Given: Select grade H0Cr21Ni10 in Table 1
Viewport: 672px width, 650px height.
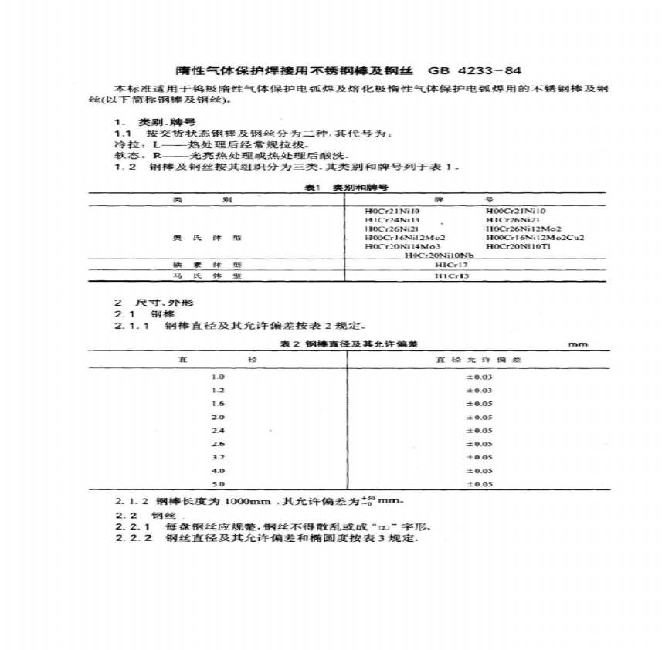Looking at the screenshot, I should (391, 210).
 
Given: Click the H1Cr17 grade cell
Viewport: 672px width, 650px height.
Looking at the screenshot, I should (448, 265).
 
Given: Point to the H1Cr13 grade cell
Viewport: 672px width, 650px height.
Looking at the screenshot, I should (448, 276).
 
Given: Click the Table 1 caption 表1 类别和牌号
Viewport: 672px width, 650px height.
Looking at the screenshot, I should (345, 187).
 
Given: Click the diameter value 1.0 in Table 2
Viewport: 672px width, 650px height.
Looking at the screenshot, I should (217, 377).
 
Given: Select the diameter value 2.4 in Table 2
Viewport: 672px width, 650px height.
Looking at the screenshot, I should (217, 430).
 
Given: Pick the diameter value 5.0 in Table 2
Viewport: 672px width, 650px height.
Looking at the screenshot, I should (217, 484).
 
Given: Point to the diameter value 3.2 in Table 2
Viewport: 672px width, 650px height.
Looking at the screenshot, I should (217, 457).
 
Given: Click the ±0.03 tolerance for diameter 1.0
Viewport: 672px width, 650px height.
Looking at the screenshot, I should (477, 377).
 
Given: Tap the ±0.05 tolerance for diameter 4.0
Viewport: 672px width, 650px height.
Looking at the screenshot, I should (477, 470).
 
